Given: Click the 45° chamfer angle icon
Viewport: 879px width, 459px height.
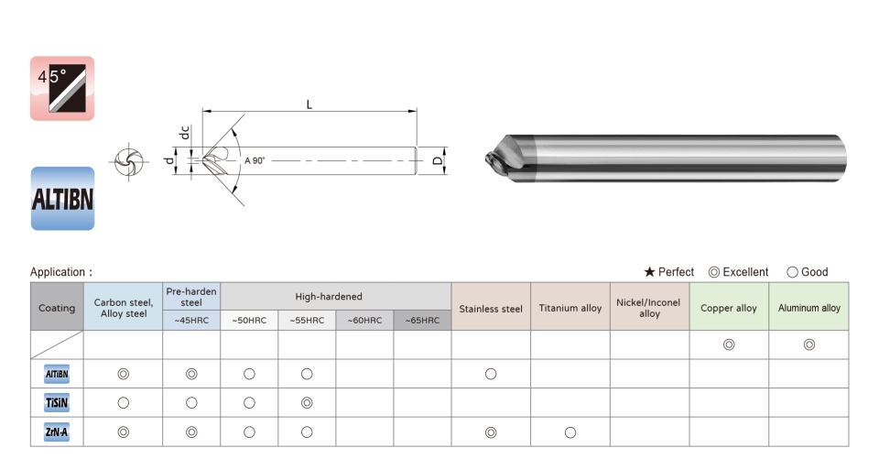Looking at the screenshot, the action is (x=62, y=88).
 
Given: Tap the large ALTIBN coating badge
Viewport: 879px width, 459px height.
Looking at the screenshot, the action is (x=62, y=198).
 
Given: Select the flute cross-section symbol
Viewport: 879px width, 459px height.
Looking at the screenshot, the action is (x=129, y=161).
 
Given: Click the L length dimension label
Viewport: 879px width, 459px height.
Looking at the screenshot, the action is (x=309, y=104).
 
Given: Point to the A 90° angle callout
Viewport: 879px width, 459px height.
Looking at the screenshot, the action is (x=255, y=160).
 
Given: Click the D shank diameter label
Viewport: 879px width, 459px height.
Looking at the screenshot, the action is (x=438, y=160).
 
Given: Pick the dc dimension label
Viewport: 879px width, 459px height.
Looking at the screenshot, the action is (x=184, y=133).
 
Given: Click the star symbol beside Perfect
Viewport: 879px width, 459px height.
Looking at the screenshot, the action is (x=650, y=272).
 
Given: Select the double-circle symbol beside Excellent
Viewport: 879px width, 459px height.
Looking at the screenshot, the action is (x=713, y=272).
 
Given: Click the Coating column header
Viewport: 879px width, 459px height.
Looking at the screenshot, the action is (x=57, y=308).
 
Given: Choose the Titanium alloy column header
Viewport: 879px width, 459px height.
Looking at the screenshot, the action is (x=570, y=308).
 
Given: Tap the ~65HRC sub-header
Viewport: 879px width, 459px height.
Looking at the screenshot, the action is (x=422, y=321).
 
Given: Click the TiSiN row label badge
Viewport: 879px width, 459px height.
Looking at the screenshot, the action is (x=57, y=403).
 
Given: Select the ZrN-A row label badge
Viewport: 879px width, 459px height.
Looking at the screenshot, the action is (x=57, y=432).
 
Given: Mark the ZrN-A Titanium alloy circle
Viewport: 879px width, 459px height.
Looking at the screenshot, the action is (x=570, y=432).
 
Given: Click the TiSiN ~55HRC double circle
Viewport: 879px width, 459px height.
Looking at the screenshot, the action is (x=307, y=403).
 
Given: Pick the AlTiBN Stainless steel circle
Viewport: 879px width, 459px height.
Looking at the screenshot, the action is (x=491, y=374).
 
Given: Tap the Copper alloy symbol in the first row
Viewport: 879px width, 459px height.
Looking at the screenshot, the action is (x=729, y=344).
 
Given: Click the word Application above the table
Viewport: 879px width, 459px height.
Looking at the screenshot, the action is (x=58, y=272).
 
